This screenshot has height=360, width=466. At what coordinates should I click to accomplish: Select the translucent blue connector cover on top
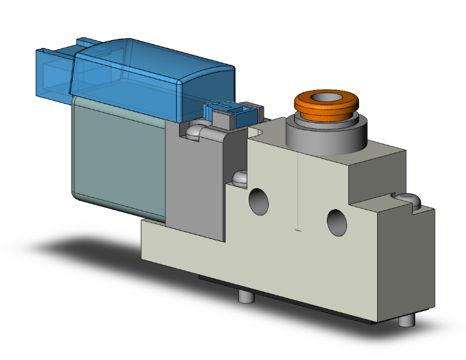(150, 75)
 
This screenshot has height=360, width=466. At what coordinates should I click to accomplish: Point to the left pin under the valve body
(246, 297)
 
